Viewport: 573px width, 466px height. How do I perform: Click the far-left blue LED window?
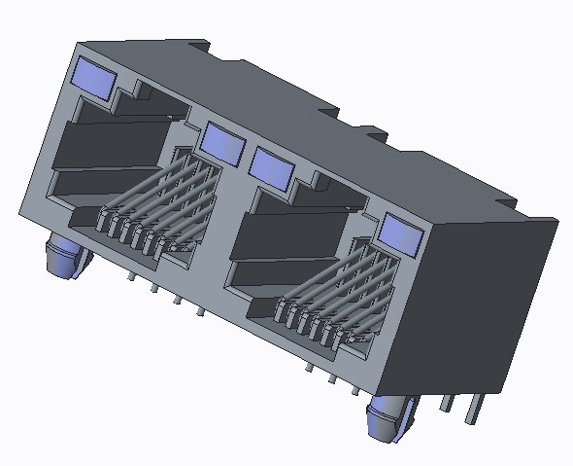point(94,77)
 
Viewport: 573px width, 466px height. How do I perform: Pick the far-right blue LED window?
point(399,233)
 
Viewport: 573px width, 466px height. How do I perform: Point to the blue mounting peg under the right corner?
point(388,418)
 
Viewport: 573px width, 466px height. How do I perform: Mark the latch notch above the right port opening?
point(316,180)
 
